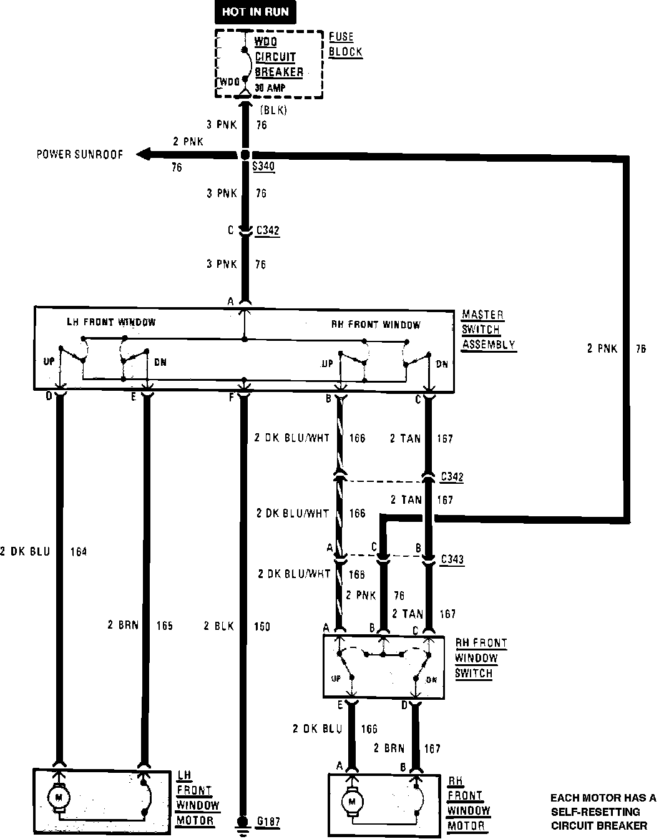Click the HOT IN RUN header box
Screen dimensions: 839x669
pyautogui.click(x=256, y=12)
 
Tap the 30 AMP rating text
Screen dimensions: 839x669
pyautogui.click(x=270, y=89)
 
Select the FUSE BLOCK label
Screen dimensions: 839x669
pyautogui.click(x=345, y=44)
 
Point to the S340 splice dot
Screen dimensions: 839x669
pyautogui.click(x=245, y=154)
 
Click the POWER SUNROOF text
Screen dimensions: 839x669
pyautogui.click(x=80, y=154)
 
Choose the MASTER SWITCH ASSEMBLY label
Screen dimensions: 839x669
pyautogui.click(x=488, y=330)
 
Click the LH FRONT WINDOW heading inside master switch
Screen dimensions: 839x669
pyautogui.click(x=111, y=322)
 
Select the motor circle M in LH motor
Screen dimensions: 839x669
pyautogui.click(x=59, y=797)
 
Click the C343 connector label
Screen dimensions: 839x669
pyautogui.click(x=452, y=559)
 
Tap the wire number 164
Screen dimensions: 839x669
pyautogui.click(x=79, y=551)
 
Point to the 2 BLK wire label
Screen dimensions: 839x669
pyautogui.click(x=218, y=626)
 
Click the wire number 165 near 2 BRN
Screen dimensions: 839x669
pyautogui.click(x=164, y=626)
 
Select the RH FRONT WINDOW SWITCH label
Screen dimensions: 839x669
pyautogui.click(x=480, y=658)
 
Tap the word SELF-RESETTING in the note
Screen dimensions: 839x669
pyautogui.click(x=595, y=812)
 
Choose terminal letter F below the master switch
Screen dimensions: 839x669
pyautogui.click(x=232, y=396)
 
